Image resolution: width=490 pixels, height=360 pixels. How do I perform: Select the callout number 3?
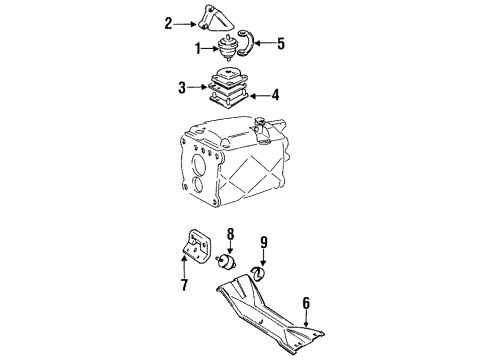[183, 89]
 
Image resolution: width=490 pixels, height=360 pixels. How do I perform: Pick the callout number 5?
[280, 43]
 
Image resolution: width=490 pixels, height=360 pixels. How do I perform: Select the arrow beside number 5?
[266, 43]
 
